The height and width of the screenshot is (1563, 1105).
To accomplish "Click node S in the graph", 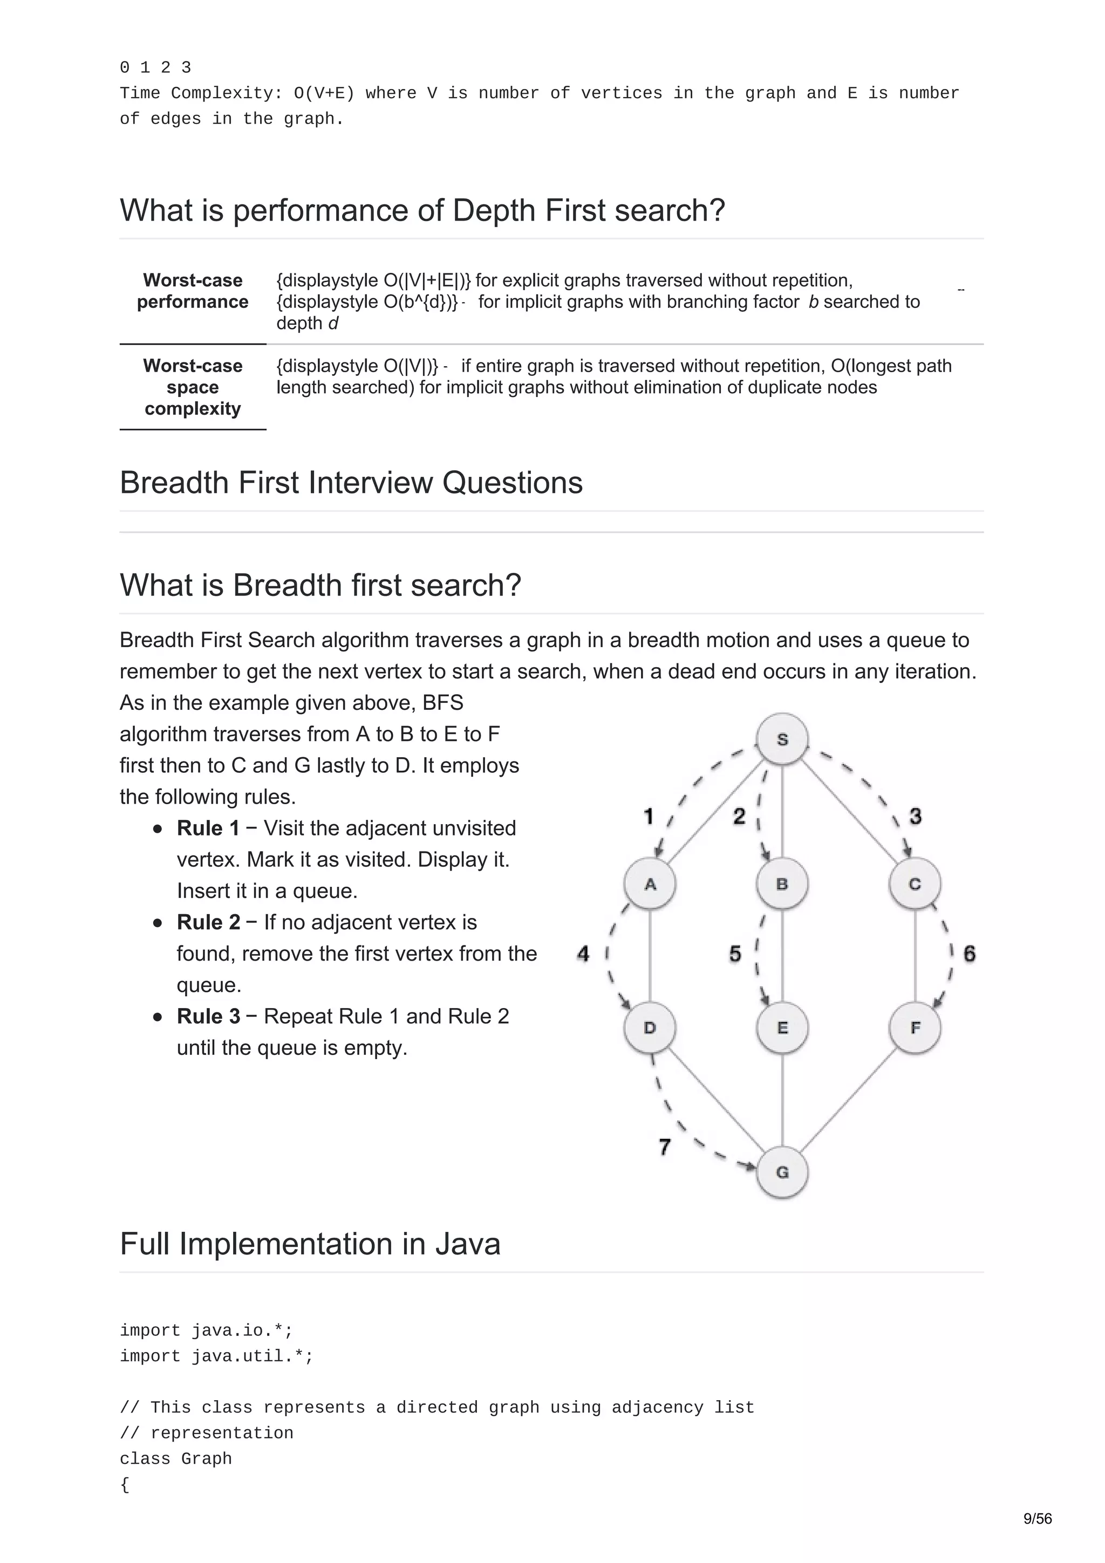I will coord(782,739).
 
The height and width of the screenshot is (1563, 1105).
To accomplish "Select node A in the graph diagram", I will coord(650,883).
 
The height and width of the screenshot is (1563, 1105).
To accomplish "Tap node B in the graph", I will coord(782,883).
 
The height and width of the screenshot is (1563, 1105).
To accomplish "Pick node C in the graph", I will coord(915,883).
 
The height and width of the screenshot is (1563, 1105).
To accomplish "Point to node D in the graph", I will coord(650,1027).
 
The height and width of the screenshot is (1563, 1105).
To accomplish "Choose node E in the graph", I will coord(782,1027).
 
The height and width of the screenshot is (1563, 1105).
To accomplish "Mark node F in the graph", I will coord(915,1027).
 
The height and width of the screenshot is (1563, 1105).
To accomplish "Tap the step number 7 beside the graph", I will coord(665,1147).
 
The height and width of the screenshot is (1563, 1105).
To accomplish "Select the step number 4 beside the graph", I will coord(583,953).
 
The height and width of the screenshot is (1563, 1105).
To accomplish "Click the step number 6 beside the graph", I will coord(970,953).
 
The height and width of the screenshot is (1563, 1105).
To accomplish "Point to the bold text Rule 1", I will coord(208,828).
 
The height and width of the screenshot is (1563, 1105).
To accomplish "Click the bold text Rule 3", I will coord(208,1016).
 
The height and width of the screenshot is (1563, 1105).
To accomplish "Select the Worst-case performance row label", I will coord(193,291).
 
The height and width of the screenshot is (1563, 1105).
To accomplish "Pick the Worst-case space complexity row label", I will coord(193,387).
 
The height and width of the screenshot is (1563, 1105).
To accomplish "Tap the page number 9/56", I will coord(1038,1519).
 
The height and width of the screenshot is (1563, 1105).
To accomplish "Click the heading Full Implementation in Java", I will coord(310,1244).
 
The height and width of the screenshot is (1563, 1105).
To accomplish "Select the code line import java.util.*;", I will coord(216,1356).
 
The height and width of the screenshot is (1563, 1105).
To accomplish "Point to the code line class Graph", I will coord(176,1459).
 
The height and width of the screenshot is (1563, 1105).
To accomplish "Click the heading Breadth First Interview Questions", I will coord(351,482).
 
